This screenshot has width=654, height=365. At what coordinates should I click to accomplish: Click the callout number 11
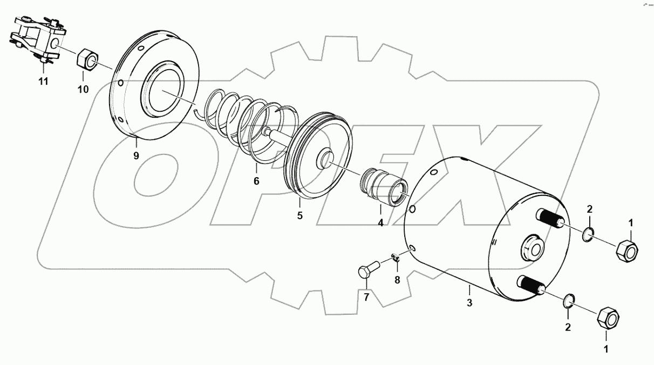pos(43,82)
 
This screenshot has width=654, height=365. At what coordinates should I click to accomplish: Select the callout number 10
pos(83,90)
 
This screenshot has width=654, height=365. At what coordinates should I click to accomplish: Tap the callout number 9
pos(136,156)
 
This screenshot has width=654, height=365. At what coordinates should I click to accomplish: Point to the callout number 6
pos(256,181)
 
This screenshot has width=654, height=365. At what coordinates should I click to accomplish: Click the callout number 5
pos(300,215)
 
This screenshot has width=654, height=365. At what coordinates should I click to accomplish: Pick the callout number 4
pos(380,222)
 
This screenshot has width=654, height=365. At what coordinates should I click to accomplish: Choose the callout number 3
pos(469,303)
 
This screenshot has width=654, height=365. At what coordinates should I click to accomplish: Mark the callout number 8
pos(397,279)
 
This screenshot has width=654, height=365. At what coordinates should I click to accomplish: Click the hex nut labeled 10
pos(86,59)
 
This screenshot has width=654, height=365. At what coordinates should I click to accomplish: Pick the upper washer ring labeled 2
pos(589,234)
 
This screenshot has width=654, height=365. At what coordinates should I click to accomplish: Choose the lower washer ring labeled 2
pos(569,301)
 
